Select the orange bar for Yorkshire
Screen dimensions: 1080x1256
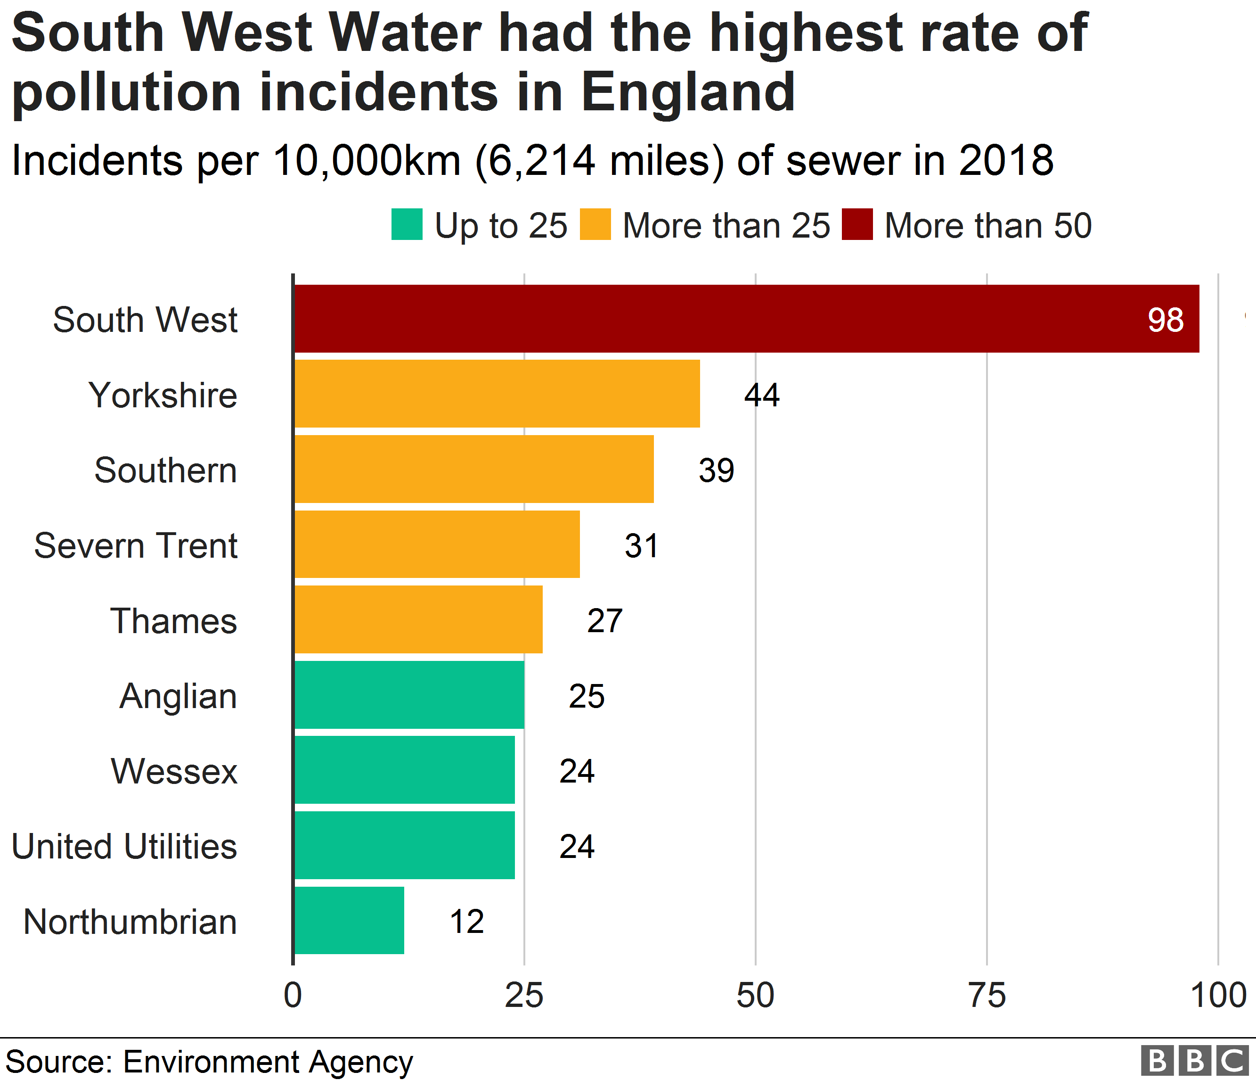tap(497, 394)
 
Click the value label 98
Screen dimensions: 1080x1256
tap(1165, 320)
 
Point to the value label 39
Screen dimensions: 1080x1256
tap(716, 470)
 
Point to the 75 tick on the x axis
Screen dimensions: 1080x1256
tap(986, 995)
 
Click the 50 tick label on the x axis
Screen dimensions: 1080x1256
tap(755, 995)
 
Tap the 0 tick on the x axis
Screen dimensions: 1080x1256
tap(293, 995)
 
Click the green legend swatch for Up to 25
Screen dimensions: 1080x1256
tap(407, 224)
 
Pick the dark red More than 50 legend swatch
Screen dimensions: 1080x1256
tap(856, 224)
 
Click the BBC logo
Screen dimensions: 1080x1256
tap(1194, 1061)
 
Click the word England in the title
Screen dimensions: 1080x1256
tap(687, 92)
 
